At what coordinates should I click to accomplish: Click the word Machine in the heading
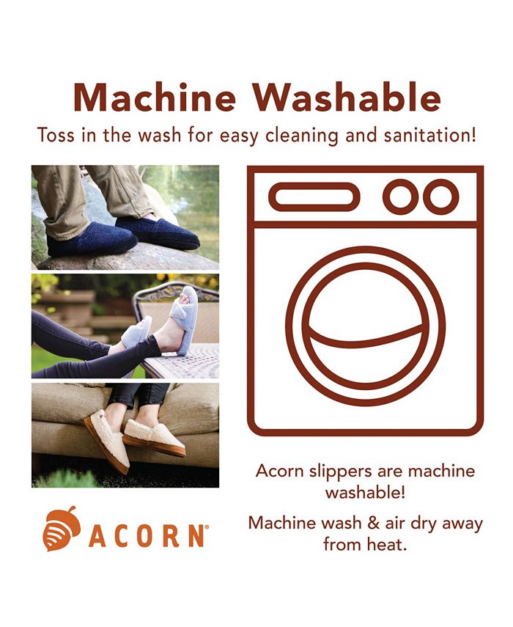pyautogui.click(x=155, y=98)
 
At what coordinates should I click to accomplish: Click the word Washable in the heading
pyautogui.click(x=347, y=98)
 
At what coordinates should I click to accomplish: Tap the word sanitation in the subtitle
pyautogui.click(x=430, y=135)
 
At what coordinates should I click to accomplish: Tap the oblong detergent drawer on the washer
pyautogui.click(x=314, y=197)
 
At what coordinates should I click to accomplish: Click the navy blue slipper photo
pyautogui.click(x=125, y=217)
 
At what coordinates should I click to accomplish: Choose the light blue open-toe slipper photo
pyautogui.click(x=125, y=326)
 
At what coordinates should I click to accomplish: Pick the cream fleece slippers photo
pyautogui.click(x=125, y=435)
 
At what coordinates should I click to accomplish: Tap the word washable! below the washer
pyautogui.click(x=365, y=492)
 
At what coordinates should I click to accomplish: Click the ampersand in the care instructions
pyautogui.click(x=373, y=524)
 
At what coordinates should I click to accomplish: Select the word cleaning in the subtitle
pyautogui.click(x=302, y=136)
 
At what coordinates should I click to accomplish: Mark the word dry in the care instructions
pyautogui.click(x=424, y=524)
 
